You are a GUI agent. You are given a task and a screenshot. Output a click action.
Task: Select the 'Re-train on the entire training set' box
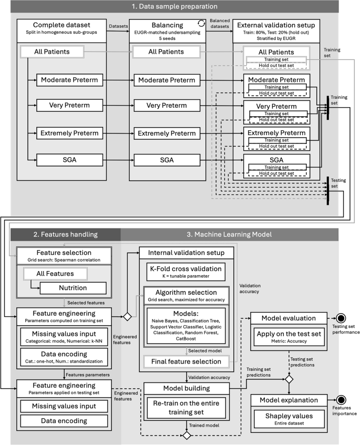click(186, 406)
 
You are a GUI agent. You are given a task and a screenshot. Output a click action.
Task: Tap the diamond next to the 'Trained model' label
click(186, 436)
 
